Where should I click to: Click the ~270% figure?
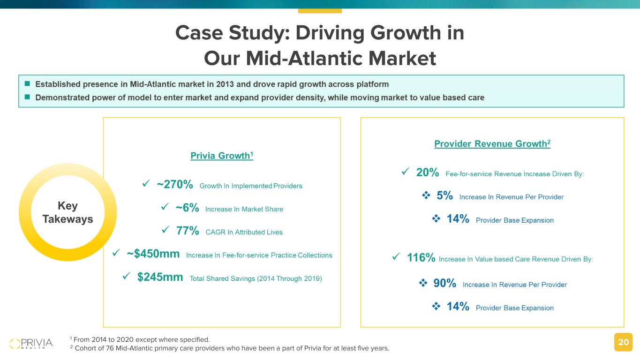[x=175, y=185]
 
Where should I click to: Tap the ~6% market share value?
[x=187, y=208]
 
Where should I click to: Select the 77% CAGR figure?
[x=188, y=231]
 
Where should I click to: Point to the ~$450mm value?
[x=153, y=254]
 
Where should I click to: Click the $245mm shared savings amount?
[x=160, y=277]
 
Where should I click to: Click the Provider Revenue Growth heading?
[x=492, y=144]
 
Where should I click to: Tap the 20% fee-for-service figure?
[x=428, y=173]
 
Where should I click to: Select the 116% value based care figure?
[x=421, y=258]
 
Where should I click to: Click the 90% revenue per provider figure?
[x=444, y=284]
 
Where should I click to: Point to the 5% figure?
[x=444, y=196]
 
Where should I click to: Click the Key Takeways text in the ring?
[x=68, y=212]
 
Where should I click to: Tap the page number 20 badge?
[x=623, y=342]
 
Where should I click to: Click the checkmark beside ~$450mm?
[x=116, y=254]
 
